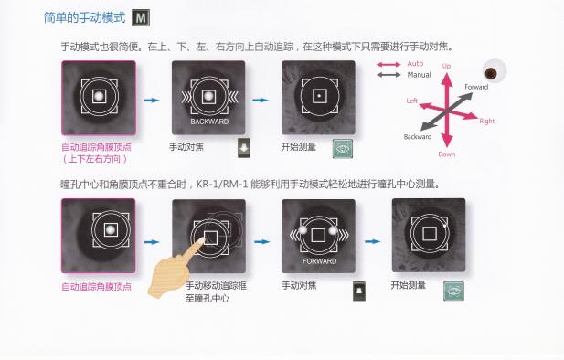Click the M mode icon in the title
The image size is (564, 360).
point(141,18)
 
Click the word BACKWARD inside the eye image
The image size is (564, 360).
point(209,122)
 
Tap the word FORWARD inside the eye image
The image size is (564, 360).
point(319,261)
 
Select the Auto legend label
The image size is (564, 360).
point(415,64)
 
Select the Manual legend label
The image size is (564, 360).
point(419,75)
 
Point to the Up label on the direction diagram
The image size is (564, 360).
point(446,66)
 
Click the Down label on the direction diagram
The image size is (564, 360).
point(447,154)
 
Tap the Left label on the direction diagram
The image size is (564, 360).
point(412,101)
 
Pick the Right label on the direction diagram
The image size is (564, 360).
point(487,122)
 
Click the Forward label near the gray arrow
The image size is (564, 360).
point(476,87)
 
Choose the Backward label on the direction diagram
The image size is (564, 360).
point(418,137)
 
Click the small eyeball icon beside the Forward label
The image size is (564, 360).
point(491,73)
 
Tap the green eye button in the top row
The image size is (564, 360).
point(343,149)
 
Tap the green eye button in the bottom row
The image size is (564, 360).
point(453,291)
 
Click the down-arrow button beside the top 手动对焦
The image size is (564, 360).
point(244,147)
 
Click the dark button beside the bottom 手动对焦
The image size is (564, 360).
point(359,291)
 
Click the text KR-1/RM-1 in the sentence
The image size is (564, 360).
point(222,185)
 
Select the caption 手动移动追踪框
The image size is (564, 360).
point(216,286)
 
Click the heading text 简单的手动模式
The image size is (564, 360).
point(85,17)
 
